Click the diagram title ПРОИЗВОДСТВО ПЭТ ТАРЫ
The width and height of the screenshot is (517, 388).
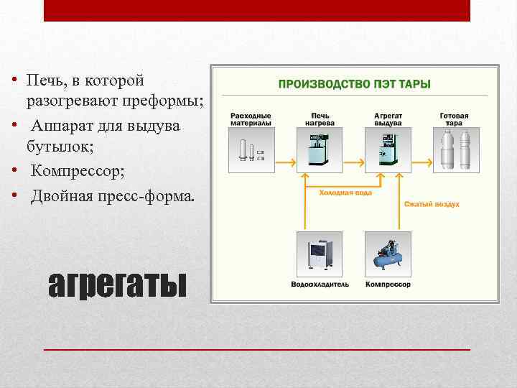point(355,84)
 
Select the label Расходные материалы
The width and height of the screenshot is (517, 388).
point(251,119)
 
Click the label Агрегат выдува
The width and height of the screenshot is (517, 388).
point(388,119)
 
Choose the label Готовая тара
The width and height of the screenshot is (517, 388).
point(454,119)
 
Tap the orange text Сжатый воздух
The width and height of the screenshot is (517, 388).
point(431,204)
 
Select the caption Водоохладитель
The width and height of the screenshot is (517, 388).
point(320,285)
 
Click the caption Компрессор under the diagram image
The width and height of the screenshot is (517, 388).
point(388,285)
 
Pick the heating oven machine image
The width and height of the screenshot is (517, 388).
point(321,151)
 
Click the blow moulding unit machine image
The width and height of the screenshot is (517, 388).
point(388,151)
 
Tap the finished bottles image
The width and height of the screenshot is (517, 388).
point(454,151)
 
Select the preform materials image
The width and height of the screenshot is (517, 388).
point(251,151)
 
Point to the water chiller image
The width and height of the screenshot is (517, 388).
point(320,254)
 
